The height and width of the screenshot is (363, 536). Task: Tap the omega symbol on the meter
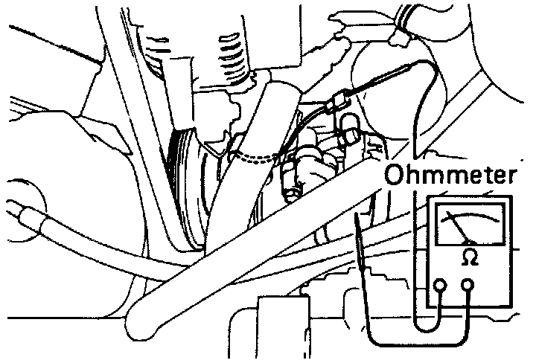(470, 256)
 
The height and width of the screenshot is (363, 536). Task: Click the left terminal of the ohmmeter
(440, 285)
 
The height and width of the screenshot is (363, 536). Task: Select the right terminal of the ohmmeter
(468, 285)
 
